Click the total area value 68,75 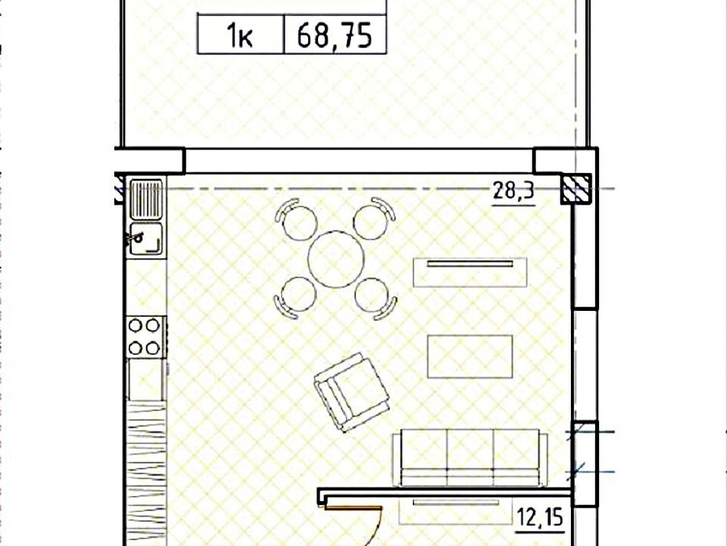[x=334, y=36]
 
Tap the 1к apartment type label [x=240, y=36]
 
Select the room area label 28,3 [x=513, y=190]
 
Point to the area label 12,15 [x=540, y=517]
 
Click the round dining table [x=336, y=259]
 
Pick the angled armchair [x=351, y=392]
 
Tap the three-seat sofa [x=470, y=458]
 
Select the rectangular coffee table [x=470, y=356]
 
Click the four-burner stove [x=145, y=337]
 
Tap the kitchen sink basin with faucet [x=146, y=239]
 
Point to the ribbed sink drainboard [x=146, y=199]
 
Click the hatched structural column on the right [x=576, y=189]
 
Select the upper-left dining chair [x=296, y=219]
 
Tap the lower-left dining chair [x=295, y=297]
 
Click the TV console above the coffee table [x=470, y=272]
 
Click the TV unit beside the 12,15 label [x=456, y=511]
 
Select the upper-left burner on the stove [x=136, y=326]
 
